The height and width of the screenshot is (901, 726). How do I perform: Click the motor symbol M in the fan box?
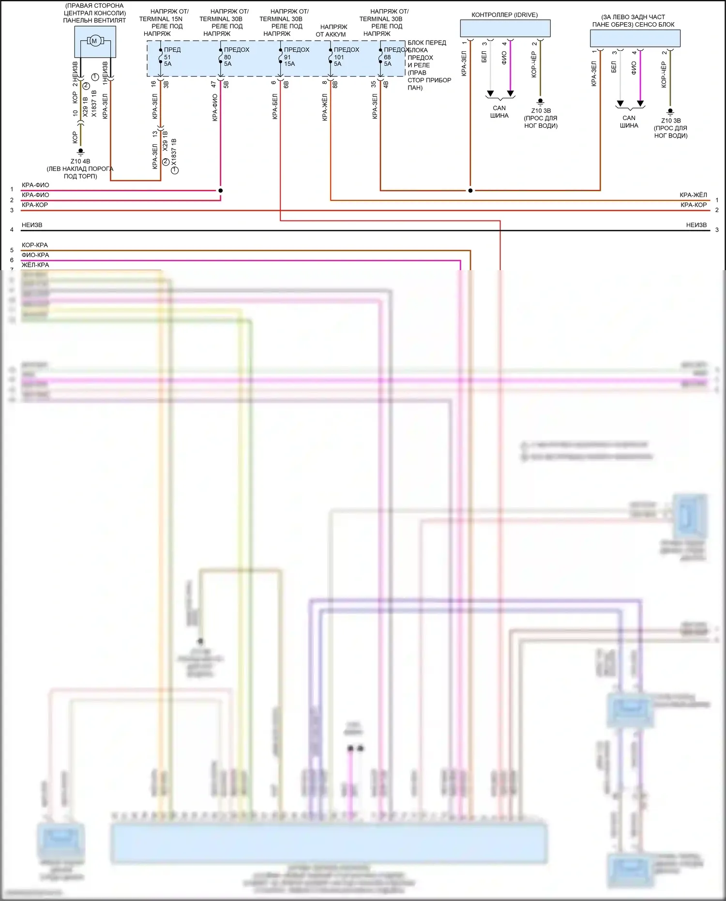[x=94, y=41]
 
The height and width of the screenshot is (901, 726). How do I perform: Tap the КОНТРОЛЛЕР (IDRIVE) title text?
[x=504, y=15]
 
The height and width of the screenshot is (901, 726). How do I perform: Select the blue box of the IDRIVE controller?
[x=505, y=29]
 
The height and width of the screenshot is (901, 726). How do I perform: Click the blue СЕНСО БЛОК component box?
[x=635, y=38]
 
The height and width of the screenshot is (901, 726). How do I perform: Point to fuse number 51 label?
[x=167, y=57]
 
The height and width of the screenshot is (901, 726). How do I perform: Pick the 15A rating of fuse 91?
[x=289, y=64]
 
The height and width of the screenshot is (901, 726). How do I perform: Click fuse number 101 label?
[x=339, y=57]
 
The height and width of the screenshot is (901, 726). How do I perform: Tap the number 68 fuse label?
[x=387, y=57]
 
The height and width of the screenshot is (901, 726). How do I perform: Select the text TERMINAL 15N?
[x=161, y=19]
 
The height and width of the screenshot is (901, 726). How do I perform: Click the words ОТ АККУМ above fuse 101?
[x=331, y=34]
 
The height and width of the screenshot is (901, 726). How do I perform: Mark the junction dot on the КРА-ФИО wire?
[x=220, y=190]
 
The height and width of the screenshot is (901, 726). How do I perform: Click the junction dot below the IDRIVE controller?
[x=470, y=190]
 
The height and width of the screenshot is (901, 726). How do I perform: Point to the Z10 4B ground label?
[x=80, y=161]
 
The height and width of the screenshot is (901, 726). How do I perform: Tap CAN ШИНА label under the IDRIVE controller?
[x=499, y=112]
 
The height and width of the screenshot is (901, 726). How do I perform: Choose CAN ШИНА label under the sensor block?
[x=629, y=122]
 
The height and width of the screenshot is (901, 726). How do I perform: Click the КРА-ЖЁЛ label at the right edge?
[x=693, y=195]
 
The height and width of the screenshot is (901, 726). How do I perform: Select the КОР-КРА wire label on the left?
[x=35, y=245]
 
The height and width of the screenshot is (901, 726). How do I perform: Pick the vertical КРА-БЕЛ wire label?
[x=275, y=107]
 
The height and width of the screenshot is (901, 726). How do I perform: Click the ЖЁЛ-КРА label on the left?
[x=35, y=265]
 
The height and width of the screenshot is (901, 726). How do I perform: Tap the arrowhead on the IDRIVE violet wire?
[x=510, y=93]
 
